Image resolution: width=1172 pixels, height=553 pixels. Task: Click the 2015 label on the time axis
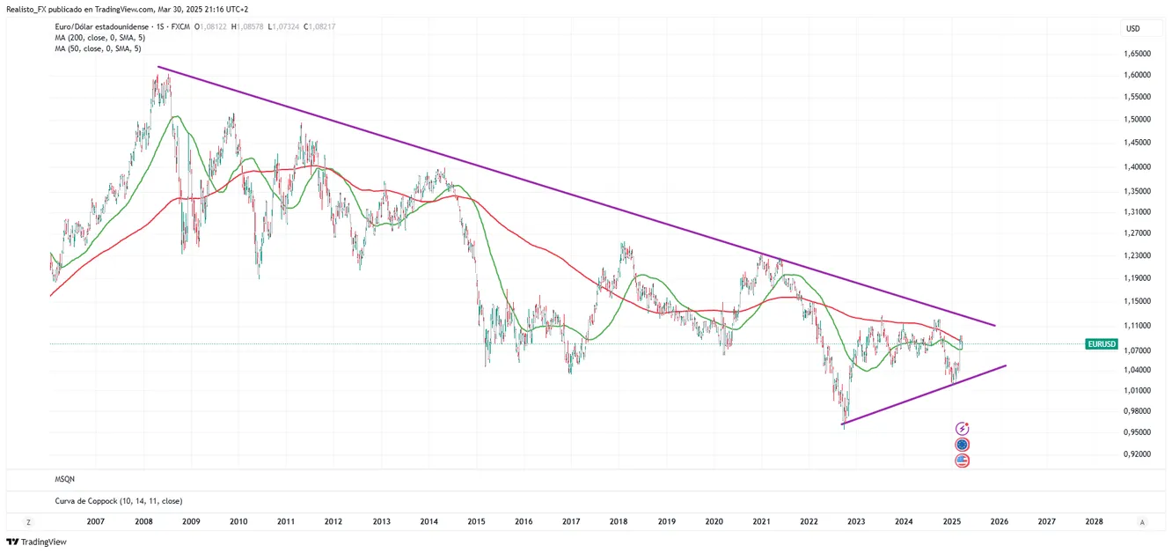coord(476,522)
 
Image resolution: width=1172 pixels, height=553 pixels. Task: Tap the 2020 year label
coord(714,522)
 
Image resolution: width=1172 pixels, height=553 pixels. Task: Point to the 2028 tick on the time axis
coord(1094,522)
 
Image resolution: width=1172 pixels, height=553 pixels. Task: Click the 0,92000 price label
coord(1138,454)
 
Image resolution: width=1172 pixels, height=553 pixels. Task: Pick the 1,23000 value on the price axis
coord(1138,256)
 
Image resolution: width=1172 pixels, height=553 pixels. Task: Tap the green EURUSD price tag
coord(1102,344)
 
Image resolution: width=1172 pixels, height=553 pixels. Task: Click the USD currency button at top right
coord(1132,29)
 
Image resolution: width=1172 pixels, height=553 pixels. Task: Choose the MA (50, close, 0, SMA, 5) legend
coord(96,49)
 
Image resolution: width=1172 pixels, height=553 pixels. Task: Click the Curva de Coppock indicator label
coord(118,501)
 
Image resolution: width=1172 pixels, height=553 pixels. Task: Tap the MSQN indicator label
coord(64,479)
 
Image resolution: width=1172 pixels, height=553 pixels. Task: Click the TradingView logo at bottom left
coord(36,542)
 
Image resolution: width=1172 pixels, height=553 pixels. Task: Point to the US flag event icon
coord(962,461)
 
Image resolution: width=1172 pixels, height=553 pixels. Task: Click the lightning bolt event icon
coord(962,428)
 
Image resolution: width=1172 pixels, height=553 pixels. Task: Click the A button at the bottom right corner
coord(1142,522)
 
